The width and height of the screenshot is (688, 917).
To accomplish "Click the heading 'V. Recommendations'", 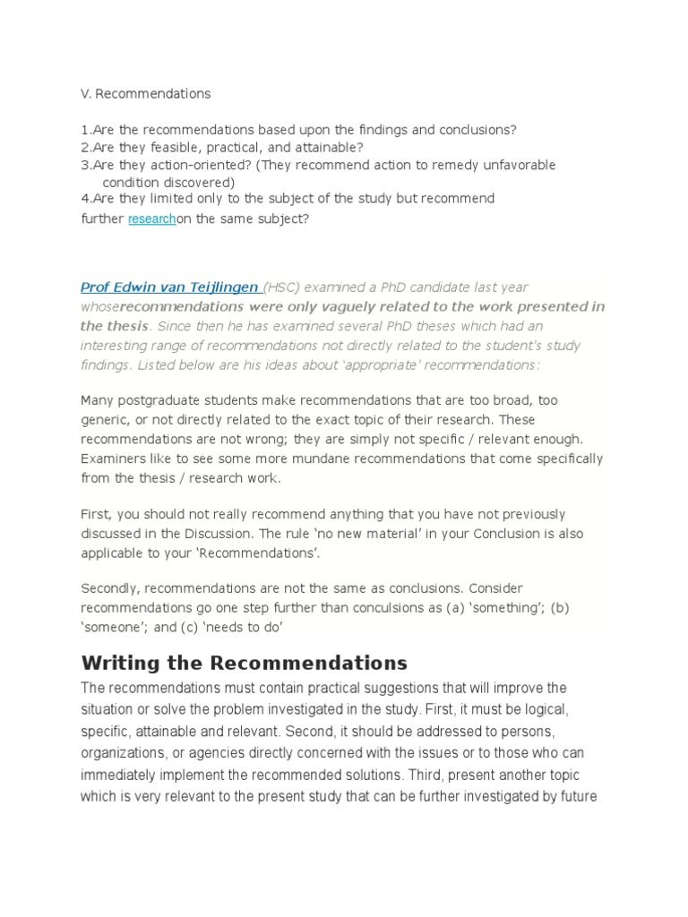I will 145,93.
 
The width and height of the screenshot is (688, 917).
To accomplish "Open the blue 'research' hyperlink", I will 151,219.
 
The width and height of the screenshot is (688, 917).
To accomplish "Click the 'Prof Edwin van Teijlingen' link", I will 170,287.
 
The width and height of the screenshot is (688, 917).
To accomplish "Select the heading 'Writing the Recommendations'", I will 244,664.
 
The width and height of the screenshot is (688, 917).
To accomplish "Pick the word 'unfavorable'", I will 519,166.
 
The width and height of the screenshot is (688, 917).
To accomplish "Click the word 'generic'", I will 106,419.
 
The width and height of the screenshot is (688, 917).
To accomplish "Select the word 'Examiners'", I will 114,458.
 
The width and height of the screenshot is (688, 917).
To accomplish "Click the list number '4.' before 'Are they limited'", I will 86,198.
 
